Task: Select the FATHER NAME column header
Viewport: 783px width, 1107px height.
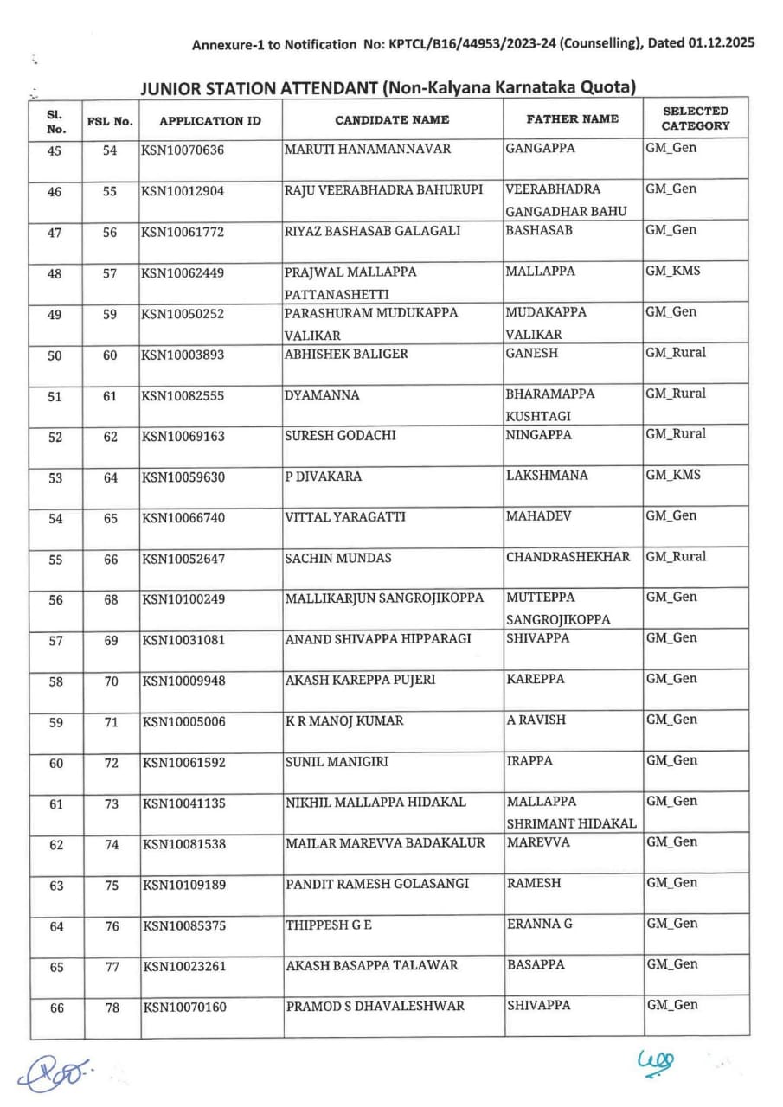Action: pyautogui.click(x=572, y=118)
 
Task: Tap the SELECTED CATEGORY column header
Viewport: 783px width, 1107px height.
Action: pyautogui.click(x=696, y=118)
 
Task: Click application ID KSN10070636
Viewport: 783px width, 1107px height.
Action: pyautogui.click(x=183, y=150)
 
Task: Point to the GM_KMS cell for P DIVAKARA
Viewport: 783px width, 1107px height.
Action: pyautogui.click(x=673, y=475)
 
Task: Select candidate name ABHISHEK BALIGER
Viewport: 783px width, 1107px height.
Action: pyautogui.click(x=346, y=354)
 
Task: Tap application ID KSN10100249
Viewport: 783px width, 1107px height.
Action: pyautogui.click(x=183, y=600)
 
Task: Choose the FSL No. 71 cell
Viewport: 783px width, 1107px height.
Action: pyautogui.click(x=111, y=722)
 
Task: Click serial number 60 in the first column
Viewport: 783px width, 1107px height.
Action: pyautogui.click(x=56, y=763)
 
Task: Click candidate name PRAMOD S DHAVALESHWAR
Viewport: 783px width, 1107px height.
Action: pyautogui.click(x=375, y=1006)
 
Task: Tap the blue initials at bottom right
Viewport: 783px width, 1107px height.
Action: pyautogui.click(x=655, y=1062)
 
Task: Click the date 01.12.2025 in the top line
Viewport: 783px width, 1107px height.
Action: pyautogui.click(x=722, y=43)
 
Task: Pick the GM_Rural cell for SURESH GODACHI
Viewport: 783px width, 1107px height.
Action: pyautogui.click(x=676, y=434)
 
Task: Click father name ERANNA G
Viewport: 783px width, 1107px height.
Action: pyautogui.click(x=539, y=924)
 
